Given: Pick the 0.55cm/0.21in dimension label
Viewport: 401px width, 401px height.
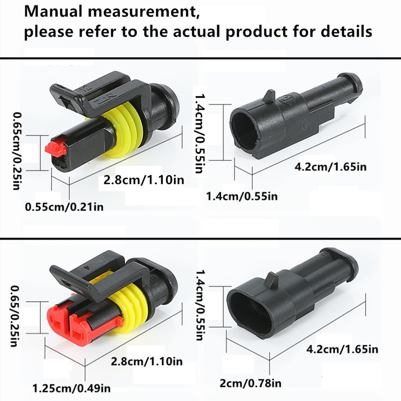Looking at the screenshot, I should pos(64,206).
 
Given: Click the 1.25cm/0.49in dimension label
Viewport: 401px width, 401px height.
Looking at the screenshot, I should pos(72,387).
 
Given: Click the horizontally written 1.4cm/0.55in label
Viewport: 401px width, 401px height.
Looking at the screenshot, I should pos(242,195).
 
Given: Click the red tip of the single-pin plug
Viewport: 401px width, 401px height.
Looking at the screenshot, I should pos(53,147).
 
